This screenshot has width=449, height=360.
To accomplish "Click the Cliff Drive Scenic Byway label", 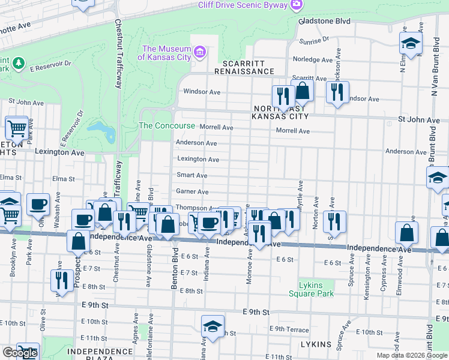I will (243, 5).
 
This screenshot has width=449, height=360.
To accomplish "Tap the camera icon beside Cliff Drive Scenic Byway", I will (295, 5).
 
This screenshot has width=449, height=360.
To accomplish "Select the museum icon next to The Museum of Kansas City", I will (200, 53).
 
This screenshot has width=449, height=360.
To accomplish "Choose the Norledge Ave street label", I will (312, 60).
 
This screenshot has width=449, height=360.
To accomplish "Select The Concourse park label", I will (167, 126).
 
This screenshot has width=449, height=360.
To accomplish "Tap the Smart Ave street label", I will (192, 175).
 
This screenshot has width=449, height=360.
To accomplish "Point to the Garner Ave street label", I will (192, 191).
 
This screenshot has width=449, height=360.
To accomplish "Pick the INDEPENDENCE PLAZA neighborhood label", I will (99, 351).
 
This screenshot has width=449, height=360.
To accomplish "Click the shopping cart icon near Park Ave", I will (17, 127).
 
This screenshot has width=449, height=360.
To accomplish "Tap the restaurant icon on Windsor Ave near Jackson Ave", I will (337, 92).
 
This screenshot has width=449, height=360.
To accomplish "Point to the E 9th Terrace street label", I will (289, 329).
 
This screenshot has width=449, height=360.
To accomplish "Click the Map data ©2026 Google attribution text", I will (411, 355).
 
